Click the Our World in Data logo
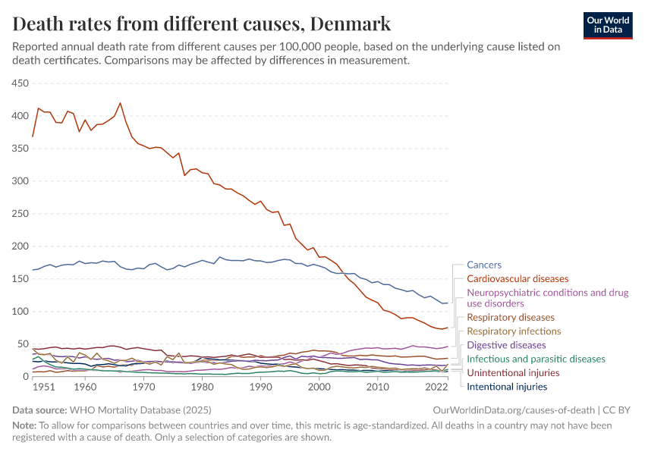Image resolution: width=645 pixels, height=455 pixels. click(x=607, y=25)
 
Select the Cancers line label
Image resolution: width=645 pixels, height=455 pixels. click(x=483, y=265)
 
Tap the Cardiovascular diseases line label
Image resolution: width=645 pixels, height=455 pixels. click(x=518, y=279)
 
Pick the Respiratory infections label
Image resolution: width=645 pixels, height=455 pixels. click(x=514, y=331)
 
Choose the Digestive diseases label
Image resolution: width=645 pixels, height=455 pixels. click(x=506, y=345)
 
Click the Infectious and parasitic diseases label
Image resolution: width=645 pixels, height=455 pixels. click(x=536, y=359)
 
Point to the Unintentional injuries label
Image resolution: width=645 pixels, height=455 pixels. click(x=513, y=373)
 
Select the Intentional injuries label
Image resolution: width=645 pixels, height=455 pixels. click(x=507, y=387)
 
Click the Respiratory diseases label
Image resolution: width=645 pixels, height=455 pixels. click(x=511, y=317)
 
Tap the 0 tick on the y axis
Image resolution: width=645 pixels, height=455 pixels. click(x=25, y=377)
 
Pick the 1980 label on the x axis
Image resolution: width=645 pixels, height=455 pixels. click(x=202, y=388)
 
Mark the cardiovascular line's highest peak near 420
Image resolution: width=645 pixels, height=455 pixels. click(x=120, y=103)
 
